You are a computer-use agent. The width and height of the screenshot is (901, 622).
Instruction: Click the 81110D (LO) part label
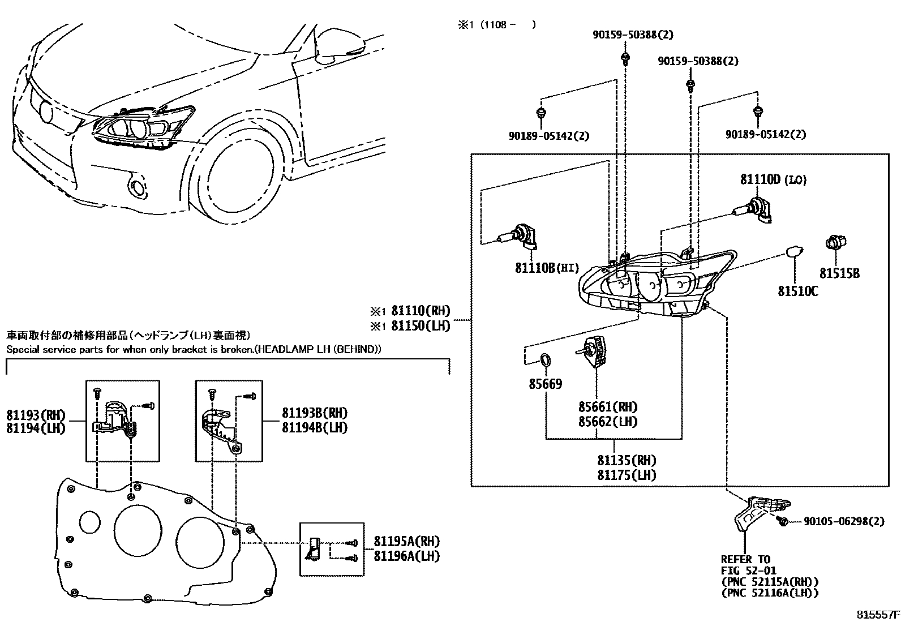[773, 179]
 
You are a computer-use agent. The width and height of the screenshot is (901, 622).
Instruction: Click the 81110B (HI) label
[547, 268]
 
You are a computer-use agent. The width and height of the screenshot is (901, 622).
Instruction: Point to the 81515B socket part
[836, 242]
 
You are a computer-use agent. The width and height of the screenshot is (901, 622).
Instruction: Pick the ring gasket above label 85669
[544, 360]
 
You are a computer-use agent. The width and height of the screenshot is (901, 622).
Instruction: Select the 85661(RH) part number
[608, 407]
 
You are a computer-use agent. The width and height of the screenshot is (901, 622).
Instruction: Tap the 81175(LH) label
[627, 475]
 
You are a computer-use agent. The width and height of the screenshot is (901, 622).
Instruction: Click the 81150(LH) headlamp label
[421, 325]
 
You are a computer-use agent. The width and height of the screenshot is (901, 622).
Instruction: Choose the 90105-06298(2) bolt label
[844, 521]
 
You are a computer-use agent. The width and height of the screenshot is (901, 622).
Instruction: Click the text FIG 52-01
[749, 570]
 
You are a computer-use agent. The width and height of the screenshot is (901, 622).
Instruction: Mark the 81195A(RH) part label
[407, 541]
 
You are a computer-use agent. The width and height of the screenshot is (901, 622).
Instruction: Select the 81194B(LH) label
[315, 427]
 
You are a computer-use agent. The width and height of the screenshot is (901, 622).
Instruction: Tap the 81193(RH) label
[36, 415]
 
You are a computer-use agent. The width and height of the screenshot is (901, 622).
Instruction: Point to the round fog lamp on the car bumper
[138, 188]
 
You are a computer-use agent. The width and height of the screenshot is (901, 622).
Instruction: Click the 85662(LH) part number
[608, 422]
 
